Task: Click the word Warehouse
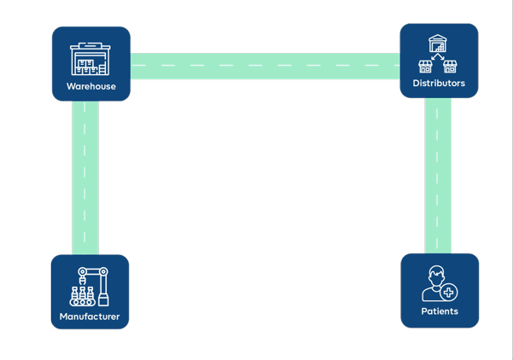pos(91,86)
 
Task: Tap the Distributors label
pos(439,83)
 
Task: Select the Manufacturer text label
pos(90,316)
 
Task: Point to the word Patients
pos(440,311)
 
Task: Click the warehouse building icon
pos(90,59)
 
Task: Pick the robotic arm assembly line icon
pos(90,287)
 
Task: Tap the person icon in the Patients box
pos(440,283)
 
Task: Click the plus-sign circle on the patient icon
pos(449,292)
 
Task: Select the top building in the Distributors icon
pos(438,44)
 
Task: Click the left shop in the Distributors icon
pos(425,67)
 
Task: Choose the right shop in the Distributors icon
pos(450,67)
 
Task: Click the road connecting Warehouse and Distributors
pos(265,66)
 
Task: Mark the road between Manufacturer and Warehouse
pos(85,177)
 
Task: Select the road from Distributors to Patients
pos(438,176)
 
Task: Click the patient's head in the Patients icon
pos(437,276)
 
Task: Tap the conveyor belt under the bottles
pos(82,302)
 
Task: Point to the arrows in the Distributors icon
pos(438,56)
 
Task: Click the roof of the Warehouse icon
pos(90,46)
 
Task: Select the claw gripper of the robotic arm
pos(82,281)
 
